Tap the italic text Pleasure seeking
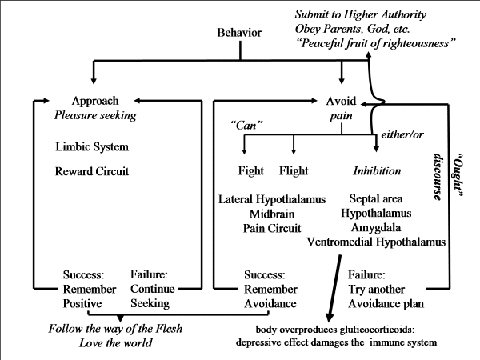(94, 115)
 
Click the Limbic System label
(92, 147)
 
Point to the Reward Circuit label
(94, 171)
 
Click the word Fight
(251, 171)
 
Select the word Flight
(294, 171)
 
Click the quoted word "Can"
(245, 126)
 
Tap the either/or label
(403, 130)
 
